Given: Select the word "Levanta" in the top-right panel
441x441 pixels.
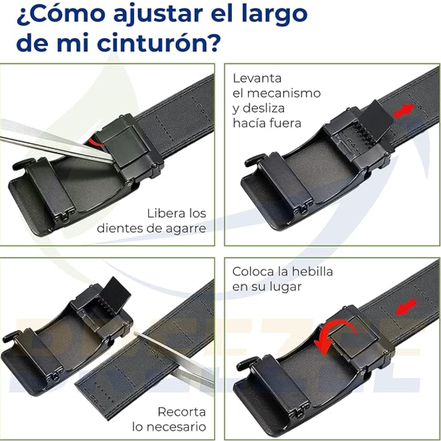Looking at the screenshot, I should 257,78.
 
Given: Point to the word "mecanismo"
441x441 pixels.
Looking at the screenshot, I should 283,93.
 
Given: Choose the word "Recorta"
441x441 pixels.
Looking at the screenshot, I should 182,412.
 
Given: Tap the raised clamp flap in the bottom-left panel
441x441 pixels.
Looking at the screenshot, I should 116,294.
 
